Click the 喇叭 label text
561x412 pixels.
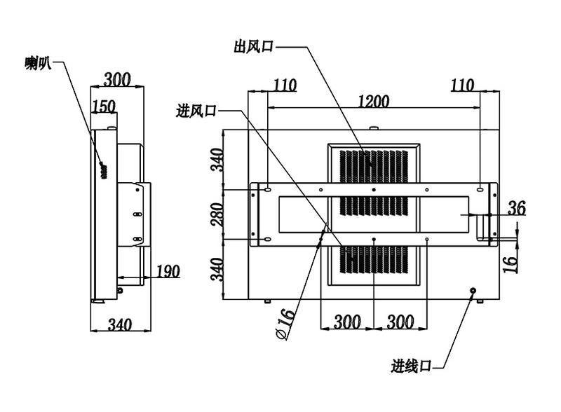click(39, 64)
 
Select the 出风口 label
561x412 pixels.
click(254, 46)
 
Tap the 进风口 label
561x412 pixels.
click(196, 111)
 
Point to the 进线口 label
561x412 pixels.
click(411, 366)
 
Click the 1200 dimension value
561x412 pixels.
click(373, 101)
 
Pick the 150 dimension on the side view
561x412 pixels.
click(104, 107)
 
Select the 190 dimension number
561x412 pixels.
click(168, 271)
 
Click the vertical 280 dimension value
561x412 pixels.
click(217, 214)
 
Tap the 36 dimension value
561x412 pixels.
click(517, 208)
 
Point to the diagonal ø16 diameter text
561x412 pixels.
click(286, 324)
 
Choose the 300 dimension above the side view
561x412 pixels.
click(117, 79)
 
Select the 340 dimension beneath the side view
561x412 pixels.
click(120, 324)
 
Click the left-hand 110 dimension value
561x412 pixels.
click(285, 85)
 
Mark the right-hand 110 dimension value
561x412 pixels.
click(462, 85)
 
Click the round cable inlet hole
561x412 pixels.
click(473, 290)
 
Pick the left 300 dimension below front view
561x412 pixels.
click(347, 322)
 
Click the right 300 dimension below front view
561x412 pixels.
click(400, 322)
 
